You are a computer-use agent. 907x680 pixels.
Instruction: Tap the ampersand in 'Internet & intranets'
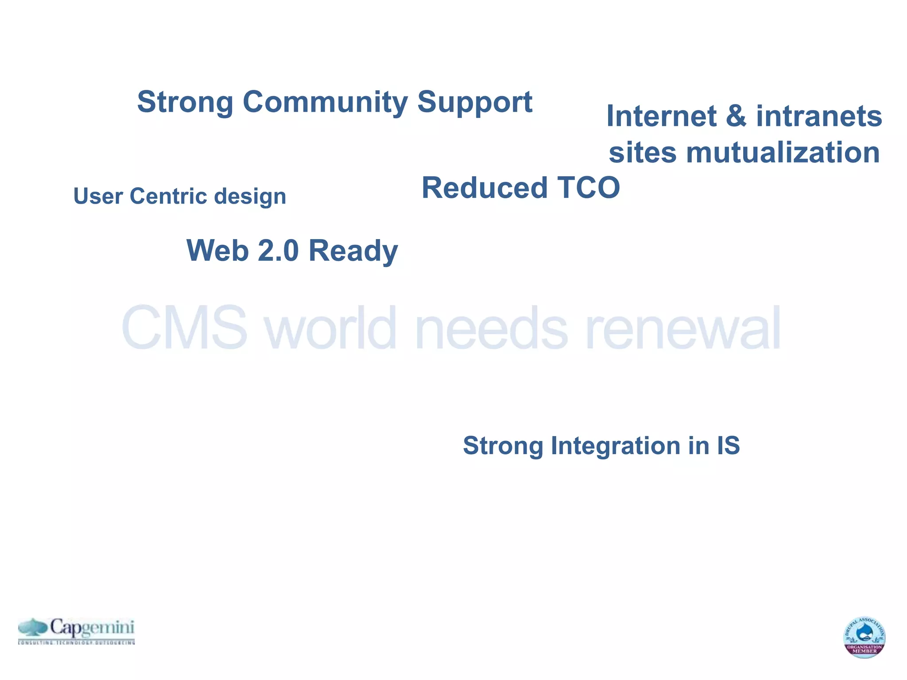tap(736, 116)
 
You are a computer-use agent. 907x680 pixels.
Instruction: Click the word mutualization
tap(783, 152)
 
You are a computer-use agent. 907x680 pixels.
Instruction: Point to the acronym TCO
tap(588, 188)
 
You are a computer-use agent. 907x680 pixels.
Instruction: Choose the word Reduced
tap(484, 188)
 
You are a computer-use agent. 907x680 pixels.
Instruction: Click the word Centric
tap(168, 196)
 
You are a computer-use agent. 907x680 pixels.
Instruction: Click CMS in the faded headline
tap(184, 328)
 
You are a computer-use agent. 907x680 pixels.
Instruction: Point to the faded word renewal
tap(682, 328)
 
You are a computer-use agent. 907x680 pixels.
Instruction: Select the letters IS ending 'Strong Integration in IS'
tap(728, 445)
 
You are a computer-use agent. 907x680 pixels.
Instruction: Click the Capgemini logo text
tap(92, 628)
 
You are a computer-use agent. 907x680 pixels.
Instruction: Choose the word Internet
tap(661, 116)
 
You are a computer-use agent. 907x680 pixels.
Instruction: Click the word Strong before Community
tap(185, 102)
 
